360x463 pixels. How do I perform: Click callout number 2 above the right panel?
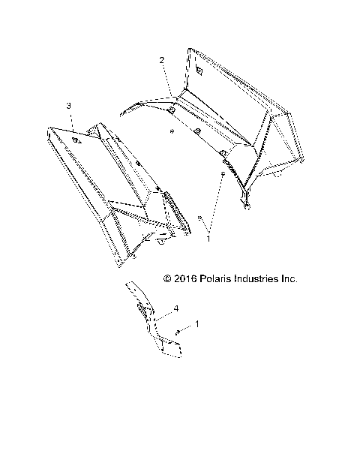click(161, 59)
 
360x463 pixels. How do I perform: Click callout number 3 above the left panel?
click(69, 107)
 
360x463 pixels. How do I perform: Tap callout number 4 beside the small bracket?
click(175, 308)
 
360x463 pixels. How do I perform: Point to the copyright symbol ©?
click(167, 278)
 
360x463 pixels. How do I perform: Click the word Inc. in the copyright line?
click(289, 278)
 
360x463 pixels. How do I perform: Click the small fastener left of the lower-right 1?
click(178, 332)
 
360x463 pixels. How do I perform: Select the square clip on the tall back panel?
click(199, 70)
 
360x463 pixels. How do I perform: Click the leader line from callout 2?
click(168, 79)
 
